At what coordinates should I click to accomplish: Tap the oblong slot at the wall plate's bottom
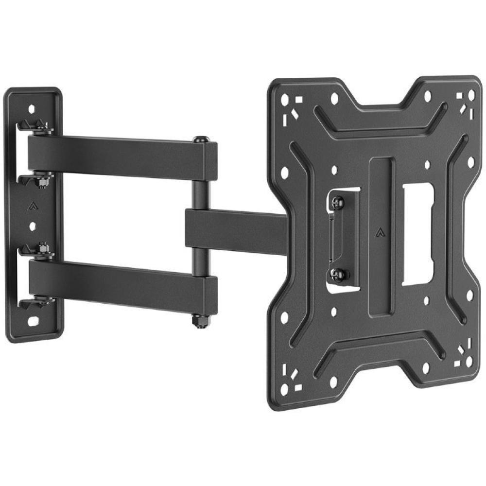(34, 321)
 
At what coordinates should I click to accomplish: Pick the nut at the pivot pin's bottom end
(199, 321)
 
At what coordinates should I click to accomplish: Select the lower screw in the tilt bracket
(340, 274)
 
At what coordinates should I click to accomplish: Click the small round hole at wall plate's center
(32, 226)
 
